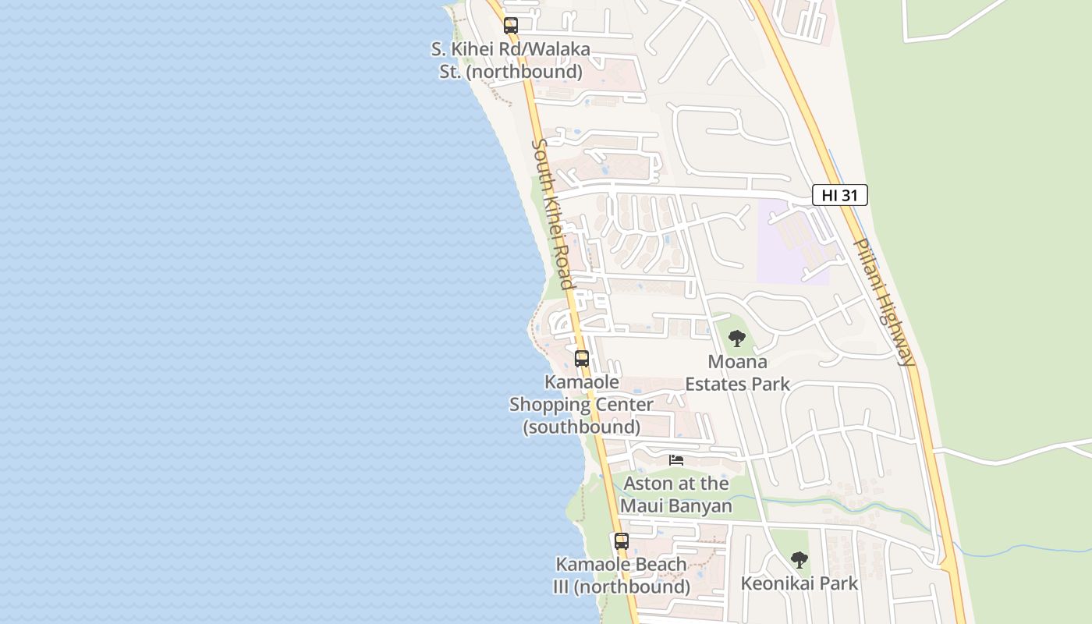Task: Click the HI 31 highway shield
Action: click(839, 195)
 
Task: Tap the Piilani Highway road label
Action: click(883, 302)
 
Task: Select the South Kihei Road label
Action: click(553, 214)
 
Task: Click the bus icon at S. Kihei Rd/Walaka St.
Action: click(511, 26)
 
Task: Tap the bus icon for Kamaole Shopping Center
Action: click(582, 359)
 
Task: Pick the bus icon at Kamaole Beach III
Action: click(621, 541)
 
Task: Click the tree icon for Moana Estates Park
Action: click(736, 339)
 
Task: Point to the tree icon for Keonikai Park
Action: click(799, 560)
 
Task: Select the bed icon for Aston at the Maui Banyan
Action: click(676, 460)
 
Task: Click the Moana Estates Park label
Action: click(737, 373)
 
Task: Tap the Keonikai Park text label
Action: click(799, 583)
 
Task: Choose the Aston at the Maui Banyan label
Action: click(676, 495)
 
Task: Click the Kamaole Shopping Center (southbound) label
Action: click(581, 405)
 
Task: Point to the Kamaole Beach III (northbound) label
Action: click(621, 576)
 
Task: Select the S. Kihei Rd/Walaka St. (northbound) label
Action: click(511, 61)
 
